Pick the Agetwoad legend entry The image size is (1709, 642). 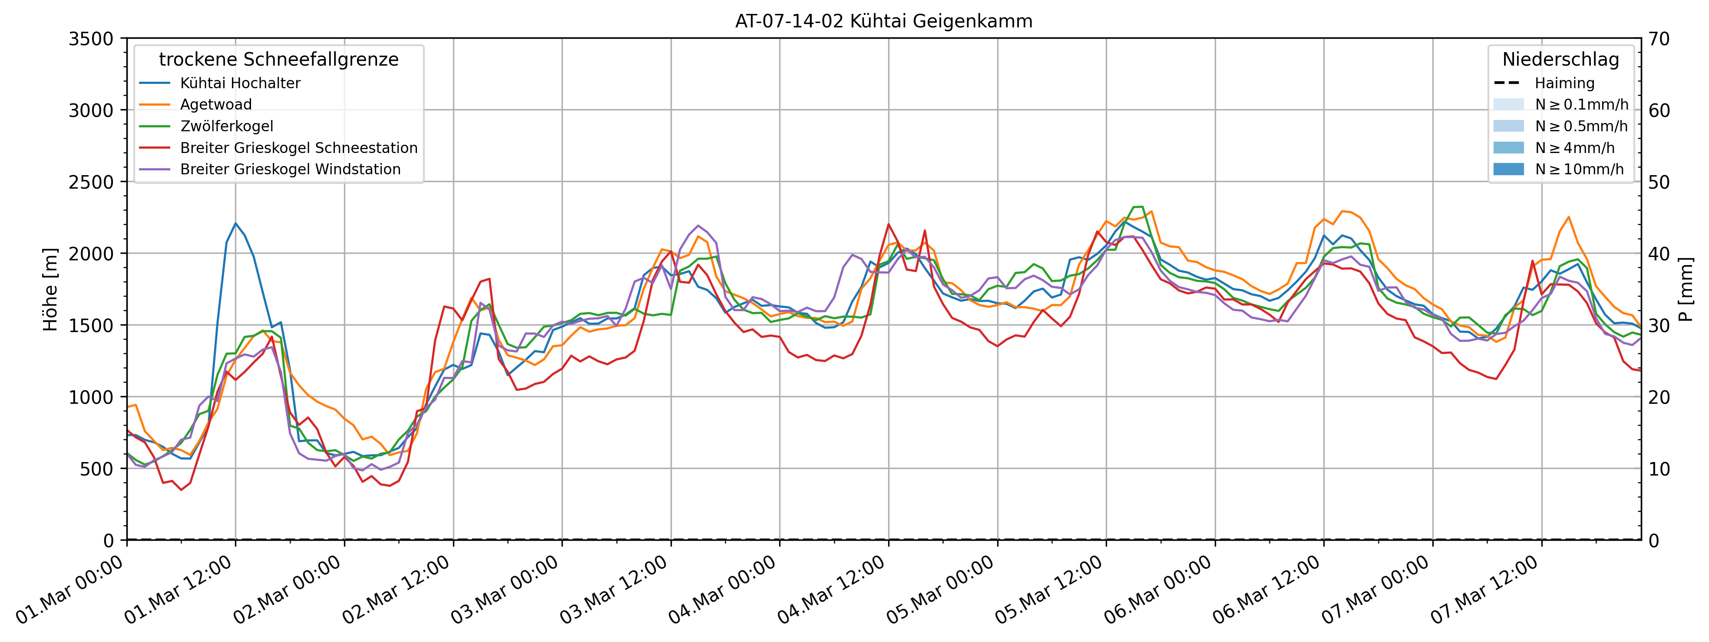215,104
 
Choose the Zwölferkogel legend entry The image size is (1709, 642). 226,126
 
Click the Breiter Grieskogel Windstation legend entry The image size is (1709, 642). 290,169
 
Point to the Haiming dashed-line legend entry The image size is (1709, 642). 1564,83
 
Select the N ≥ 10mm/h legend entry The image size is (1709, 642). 1579,169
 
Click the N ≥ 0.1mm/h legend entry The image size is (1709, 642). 1581,104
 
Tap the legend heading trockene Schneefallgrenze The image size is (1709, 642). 279,59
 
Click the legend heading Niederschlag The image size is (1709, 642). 1560,59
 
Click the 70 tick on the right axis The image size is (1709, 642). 1659,39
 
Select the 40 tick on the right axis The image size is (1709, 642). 1659,253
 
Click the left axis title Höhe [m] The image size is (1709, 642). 50,289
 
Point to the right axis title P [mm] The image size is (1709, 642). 1685,289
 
